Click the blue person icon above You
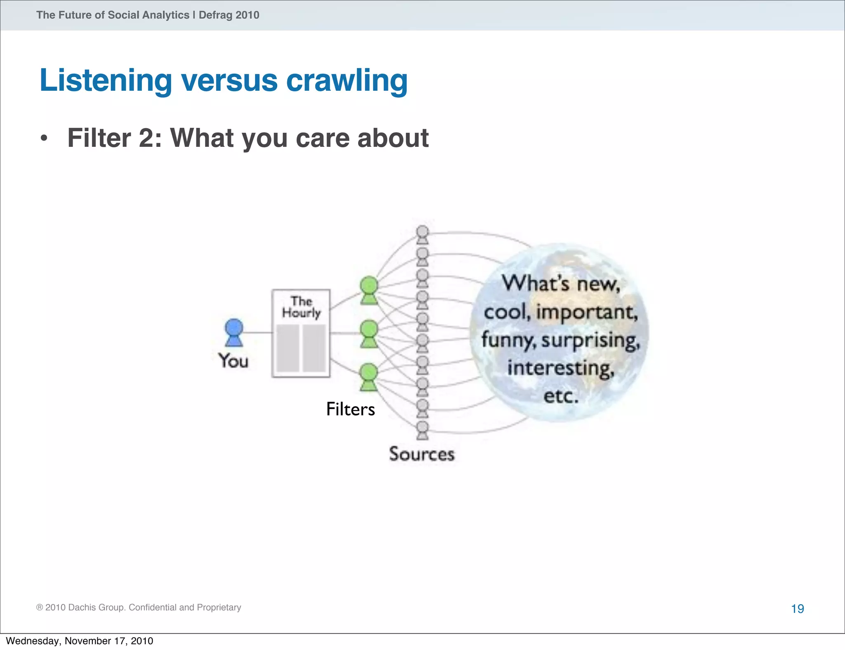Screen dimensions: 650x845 coord(234,332)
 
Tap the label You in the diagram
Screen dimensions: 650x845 coord(234,361)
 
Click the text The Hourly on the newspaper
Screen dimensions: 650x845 coord(301,307)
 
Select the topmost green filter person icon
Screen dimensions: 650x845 coord(369,290)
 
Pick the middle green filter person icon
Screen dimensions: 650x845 coord(369,334)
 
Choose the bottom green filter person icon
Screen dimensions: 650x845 coord(369,377)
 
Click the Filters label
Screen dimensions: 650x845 coord(350,409)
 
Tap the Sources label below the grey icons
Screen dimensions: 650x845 coord(421,454)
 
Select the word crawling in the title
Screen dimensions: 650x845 coord(347,80)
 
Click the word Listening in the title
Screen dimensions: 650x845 coord(106,80)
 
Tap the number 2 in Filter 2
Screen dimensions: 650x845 coord(146,138)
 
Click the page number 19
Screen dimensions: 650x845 coord(797,609)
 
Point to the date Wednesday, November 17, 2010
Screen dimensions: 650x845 coord(80,641)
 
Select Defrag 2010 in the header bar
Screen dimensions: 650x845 coord(229,15)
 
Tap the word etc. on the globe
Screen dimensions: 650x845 coord(560,396)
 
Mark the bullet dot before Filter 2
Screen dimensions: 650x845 coord(44,138)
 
